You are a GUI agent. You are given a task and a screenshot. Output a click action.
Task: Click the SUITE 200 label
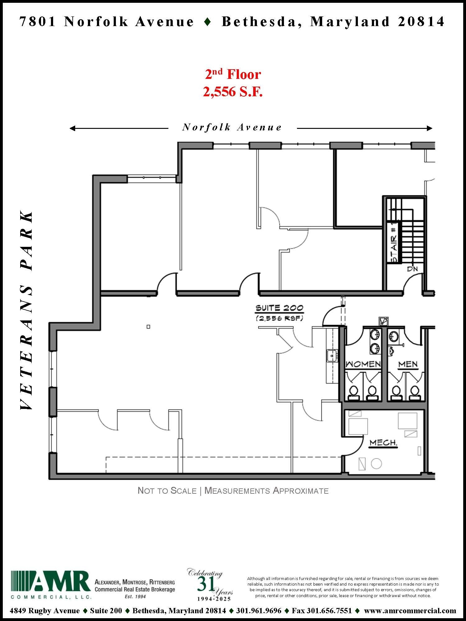pos(279,308)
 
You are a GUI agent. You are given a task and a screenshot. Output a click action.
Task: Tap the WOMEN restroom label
pos(363,364)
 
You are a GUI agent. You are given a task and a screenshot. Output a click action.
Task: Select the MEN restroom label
pos(408,364)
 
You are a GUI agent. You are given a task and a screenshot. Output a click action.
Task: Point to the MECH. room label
pos(383,443)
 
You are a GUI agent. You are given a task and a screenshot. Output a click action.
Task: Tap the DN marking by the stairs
pos(412,269)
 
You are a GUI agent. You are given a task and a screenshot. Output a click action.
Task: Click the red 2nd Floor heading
pos(233,75)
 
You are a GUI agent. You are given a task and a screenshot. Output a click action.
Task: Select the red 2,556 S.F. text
pos(233,92)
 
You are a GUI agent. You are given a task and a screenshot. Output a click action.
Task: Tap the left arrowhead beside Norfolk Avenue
pos(72,128)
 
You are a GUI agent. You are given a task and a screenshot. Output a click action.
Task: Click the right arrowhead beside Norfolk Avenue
pos(430,128)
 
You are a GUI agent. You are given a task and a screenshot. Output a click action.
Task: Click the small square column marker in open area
pos(148,327)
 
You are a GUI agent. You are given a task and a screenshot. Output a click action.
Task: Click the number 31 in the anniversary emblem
pos(205,584)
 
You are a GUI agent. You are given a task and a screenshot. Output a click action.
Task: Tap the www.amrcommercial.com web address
pos(410,611)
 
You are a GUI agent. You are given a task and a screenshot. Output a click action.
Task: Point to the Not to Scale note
pos(167,491)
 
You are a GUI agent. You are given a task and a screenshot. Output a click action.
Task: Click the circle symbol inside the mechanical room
pos(377,464)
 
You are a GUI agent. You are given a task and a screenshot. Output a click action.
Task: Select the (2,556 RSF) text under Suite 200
pos(279,318)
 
